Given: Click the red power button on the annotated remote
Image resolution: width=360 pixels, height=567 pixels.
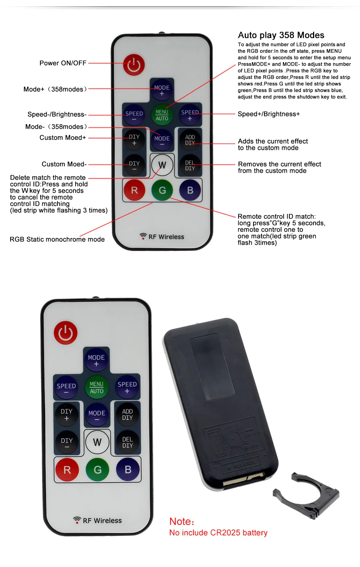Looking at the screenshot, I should (x=134, y=65).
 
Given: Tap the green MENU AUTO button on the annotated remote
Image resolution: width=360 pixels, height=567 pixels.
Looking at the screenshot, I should (x=162, y=115).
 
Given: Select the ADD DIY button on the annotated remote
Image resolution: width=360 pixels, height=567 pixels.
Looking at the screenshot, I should (x=190, y=140).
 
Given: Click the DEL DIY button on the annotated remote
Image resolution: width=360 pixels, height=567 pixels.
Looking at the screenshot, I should (x=190, y=165).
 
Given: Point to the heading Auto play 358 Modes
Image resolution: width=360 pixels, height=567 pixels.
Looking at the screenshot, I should (x=281, y=35).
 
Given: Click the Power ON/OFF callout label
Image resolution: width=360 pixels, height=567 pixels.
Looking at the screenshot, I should (x=63, y=63).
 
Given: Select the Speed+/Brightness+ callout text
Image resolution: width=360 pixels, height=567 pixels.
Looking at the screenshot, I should (x=269, y=114).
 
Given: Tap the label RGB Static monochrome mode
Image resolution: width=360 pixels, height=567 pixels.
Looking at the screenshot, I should (x=57, y=240).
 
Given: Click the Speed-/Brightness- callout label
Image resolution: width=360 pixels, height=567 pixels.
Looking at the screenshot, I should (x=57, y=114).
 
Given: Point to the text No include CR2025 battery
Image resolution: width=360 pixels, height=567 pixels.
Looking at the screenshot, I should (x=218, y=533).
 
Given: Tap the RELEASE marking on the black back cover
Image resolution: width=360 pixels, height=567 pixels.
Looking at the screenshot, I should (x=244, y=464).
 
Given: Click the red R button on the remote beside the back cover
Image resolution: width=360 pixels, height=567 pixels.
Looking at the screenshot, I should (x=67, y=470).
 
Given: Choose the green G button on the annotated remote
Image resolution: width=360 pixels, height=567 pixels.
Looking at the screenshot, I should (x=162, y=190).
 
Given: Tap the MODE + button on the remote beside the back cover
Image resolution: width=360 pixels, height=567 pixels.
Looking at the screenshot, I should (x=96, y=361).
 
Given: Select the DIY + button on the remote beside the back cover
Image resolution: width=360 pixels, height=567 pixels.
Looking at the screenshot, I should (x=67, y=415).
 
